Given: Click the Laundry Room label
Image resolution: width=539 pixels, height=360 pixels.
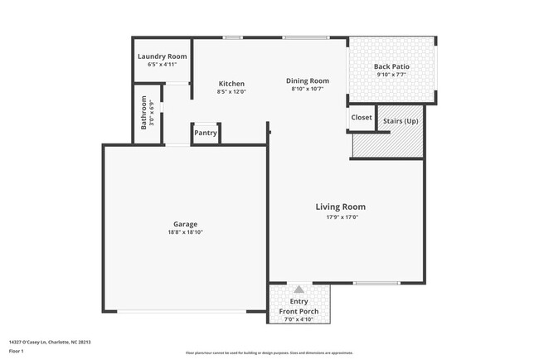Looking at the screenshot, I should (162, 56).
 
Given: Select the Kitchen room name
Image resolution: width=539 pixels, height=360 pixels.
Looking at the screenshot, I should (231, 84).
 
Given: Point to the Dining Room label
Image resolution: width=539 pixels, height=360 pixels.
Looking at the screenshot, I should (308, 80).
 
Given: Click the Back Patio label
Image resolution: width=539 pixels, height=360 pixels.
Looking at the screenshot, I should (391, 66).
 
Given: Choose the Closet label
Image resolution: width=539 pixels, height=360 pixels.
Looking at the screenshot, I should (362, 118).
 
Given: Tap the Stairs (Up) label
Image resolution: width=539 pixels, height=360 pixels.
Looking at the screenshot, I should (401, 121).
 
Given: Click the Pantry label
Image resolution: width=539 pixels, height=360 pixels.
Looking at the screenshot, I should (206, 133).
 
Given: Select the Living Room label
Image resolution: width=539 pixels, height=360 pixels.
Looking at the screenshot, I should (340, 207).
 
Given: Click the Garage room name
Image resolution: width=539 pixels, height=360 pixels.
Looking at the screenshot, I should (185, 224).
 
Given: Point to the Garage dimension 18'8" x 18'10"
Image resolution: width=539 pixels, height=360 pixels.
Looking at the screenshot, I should (185, 232).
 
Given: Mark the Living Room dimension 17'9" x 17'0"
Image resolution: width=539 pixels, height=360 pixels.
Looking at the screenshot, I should (340, 216).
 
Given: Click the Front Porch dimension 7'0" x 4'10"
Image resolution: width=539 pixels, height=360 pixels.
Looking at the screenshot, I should (299, 319).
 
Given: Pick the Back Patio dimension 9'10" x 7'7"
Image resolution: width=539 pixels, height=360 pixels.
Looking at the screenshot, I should (391, 75).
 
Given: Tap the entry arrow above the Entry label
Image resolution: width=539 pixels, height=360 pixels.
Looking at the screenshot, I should (299, 289).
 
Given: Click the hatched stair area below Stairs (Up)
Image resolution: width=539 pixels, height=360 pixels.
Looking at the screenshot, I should (388, 144).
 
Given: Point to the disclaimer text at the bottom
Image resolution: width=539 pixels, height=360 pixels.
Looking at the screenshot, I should (269, 353).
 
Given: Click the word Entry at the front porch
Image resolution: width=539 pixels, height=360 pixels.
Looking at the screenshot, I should (299, 301).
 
